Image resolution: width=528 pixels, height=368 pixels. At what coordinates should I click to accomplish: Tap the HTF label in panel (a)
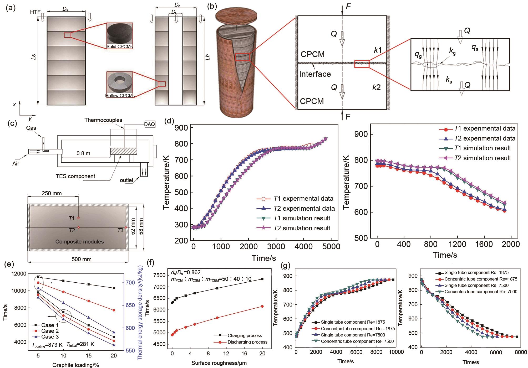tap(35, 12)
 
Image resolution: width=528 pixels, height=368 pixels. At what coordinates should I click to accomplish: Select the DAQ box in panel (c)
tap(150, 124)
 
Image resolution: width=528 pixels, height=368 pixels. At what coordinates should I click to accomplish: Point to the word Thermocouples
tap(103, 120)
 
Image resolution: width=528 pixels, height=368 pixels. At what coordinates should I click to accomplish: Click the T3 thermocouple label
tap(120, 230)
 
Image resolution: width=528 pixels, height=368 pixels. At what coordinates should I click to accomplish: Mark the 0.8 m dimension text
tap(83, 153)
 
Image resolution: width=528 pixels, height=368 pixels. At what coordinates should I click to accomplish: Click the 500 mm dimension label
tap(82, 259)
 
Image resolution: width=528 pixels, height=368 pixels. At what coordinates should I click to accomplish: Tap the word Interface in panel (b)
tap(315, 74)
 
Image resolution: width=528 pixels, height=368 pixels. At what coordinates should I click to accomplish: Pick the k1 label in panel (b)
tap(378, 50)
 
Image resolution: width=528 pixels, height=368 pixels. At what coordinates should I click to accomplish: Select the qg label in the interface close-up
tap(418, 54)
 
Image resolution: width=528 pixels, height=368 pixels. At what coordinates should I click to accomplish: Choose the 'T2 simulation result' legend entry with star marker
tap(302, 228)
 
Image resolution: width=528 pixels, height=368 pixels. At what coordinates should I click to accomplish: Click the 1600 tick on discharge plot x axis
tap(484, 244)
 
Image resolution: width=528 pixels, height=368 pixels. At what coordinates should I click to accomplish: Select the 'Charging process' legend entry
tap(245, 335)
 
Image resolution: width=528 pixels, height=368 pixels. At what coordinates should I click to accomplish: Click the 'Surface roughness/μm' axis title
tap(219, 363)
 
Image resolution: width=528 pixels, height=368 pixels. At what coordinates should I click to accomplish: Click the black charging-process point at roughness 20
tap(262, 279)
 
